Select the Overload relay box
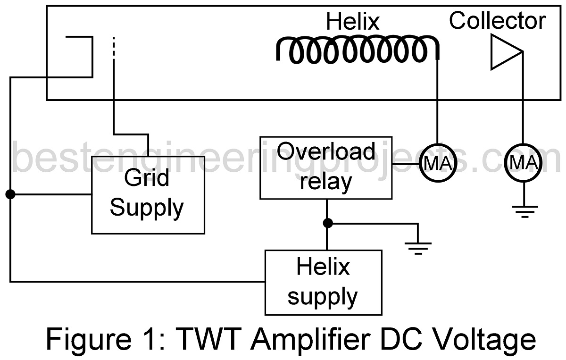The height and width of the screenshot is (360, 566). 326,167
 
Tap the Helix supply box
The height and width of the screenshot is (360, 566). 323,282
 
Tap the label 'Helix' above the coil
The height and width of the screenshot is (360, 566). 352,22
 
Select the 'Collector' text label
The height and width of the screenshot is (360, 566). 497,21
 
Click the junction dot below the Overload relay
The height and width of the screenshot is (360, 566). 326,223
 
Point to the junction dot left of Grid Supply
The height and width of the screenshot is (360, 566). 10,194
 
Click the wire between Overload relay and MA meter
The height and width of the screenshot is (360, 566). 406,164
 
